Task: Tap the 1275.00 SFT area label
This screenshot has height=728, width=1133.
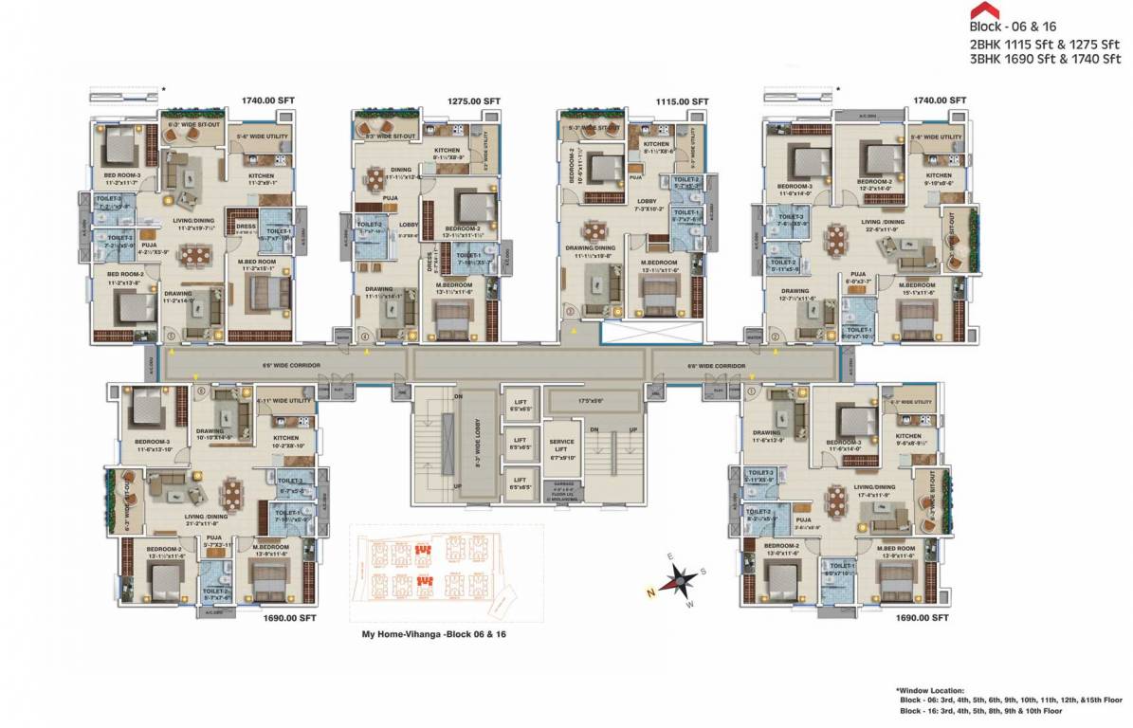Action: coord(473,100)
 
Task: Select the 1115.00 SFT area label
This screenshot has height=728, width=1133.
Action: coord(682,100)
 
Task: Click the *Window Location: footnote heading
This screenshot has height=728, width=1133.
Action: coord(931,691)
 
